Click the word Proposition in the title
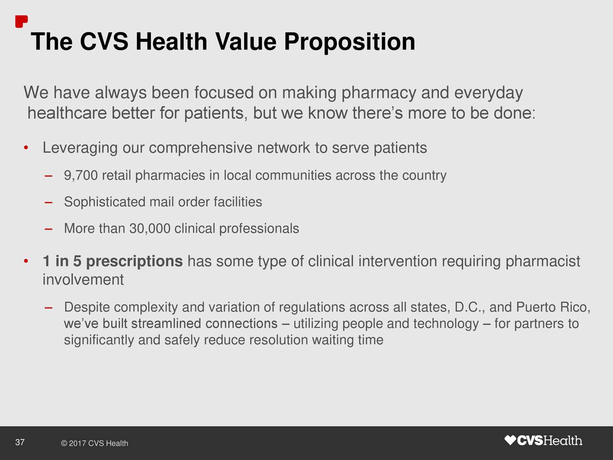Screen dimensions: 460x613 pos(349,42)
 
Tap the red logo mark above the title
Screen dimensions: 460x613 pos(21,22)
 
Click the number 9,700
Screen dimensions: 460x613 pos(80,176)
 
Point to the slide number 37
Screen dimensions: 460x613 pos(20,442)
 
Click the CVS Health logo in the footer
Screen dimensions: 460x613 pos(544,440)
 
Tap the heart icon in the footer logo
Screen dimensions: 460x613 pos(511,440)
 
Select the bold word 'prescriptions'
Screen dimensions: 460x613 pos(134,262)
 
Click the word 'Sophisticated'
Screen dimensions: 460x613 pos(104,202)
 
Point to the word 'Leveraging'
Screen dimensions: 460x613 pos(80,148)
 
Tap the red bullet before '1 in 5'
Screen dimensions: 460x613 pos(26,262)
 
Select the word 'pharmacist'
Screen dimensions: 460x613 pos(543,262)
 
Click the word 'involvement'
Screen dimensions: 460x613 pos(83,280)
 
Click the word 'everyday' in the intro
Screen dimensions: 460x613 pos(488,92)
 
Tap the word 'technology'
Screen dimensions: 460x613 pos(446,324)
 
